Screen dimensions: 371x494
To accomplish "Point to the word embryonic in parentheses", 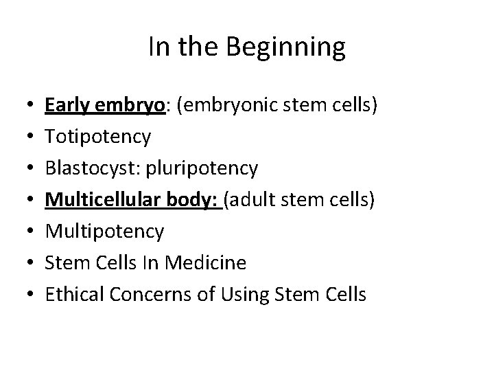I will [x=223, y=106].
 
